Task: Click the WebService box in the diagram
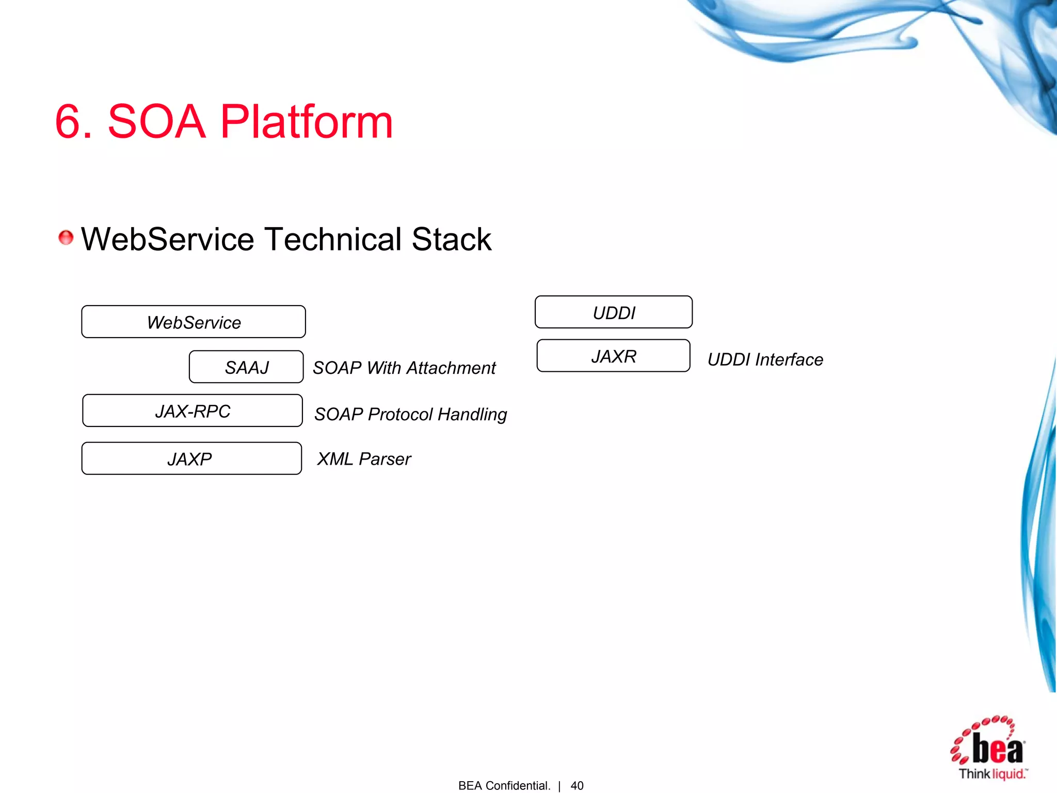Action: [194, 322]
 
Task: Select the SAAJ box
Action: [246, 367]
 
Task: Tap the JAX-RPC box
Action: [193, 411]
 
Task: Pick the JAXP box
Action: [191, 458]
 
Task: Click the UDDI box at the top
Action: [614, 312]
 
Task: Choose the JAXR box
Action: [613, 356]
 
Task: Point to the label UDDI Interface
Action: [765, 359]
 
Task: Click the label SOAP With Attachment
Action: [404, 368]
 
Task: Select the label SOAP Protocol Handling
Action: [411, 414]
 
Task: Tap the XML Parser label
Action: [364, 459]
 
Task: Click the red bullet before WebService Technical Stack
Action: [66, 237]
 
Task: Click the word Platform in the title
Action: [307, 122]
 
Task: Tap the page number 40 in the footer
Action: [577, 785]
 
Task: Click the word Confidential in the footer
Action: [518, 785]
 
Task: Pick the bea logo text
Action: [998, 749]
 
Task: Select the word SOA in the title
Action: [156, 122]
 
